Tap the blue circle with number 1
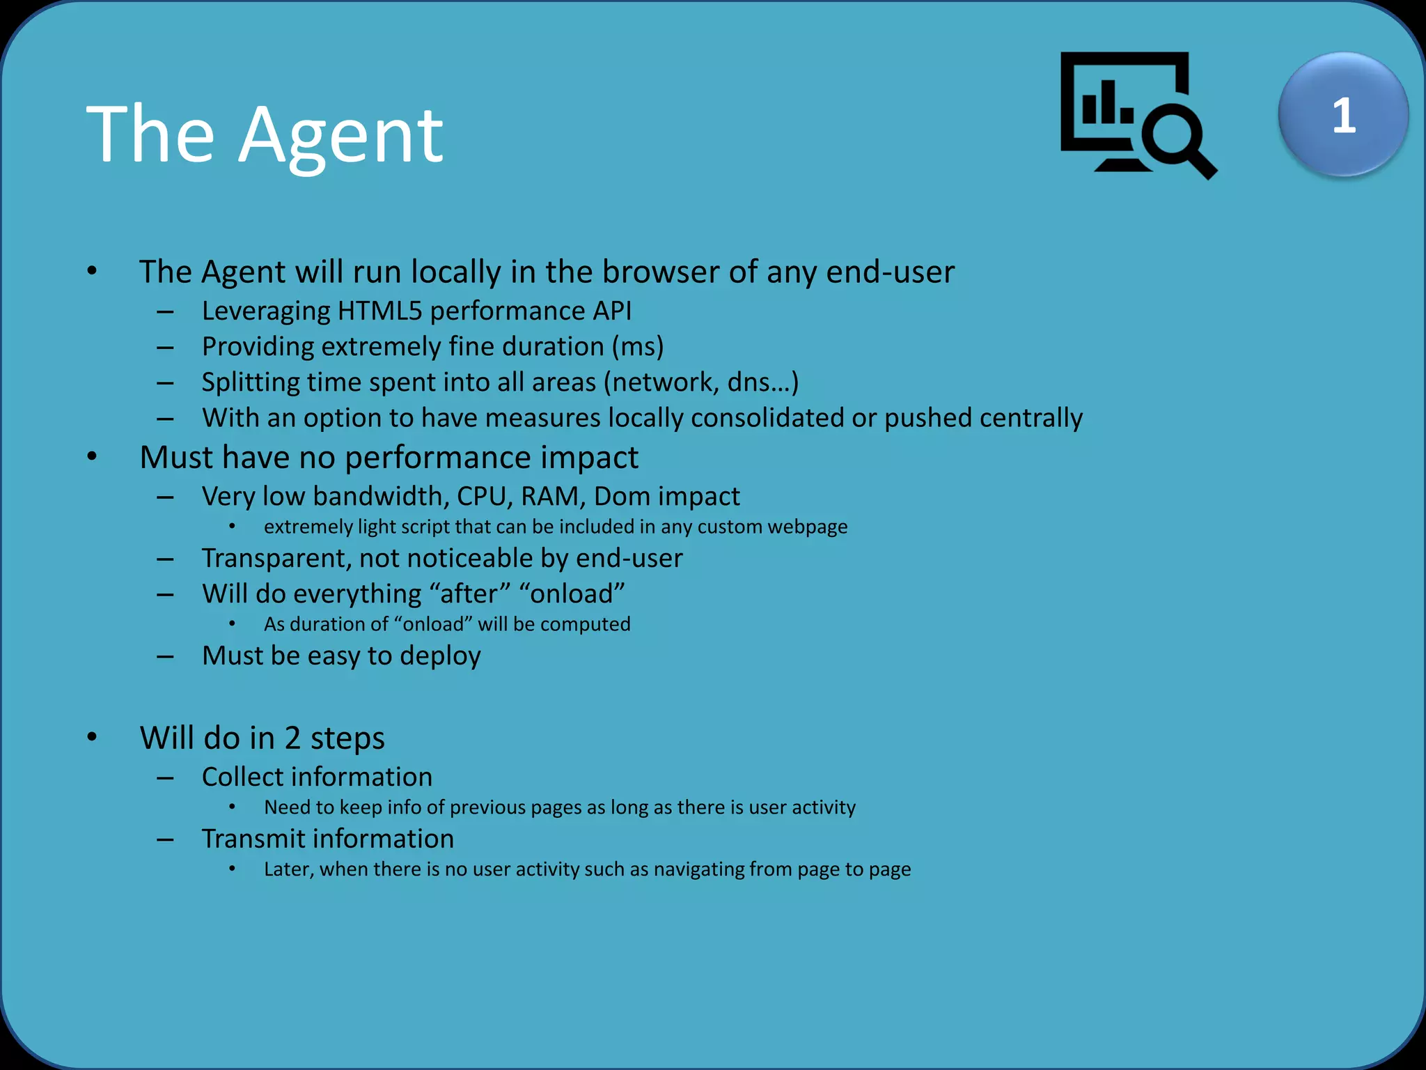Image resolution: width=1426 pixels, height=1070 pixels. [1343, 115]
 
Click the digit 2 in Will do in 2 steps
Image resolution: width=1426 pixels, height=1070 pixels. [292, 738]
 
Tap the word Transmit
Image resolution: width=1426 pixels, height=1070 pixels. [253, 839]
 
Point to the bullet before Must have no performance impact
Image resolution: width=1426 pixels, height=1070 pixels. [93, 457]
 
